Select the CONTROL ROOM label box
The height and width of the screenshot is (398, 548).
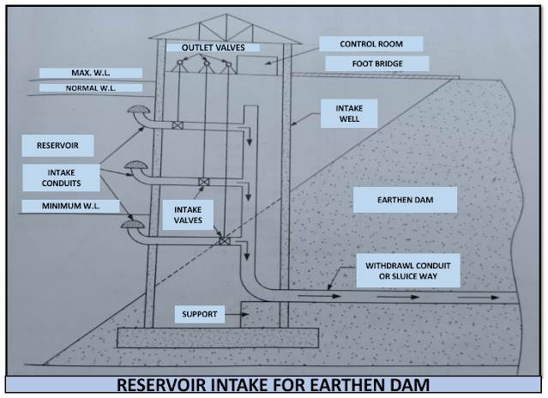click(x=370, y=44)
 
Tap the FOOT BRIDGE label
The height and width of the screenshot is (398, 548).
click(x=376, y=64)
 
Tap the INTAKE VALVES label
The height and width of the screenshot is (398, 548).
click(x=189, y=214)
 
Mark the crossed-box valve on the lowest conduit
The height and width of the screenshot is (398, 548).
click(x=225, y=241)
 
